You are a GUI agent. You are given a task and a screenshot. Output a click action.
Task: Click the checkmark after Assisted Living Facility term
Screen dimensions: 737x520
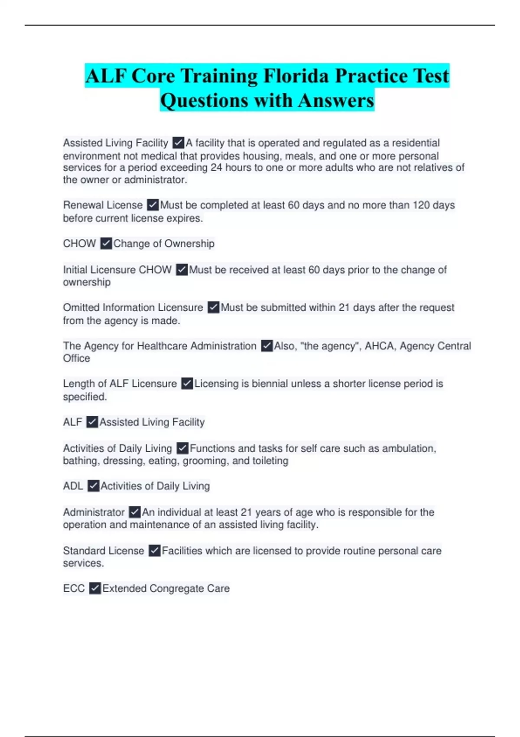coord(178,143)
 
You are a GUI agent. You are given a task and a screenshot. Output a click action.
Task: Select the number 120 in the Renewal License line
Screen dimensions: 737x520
coord(421,205)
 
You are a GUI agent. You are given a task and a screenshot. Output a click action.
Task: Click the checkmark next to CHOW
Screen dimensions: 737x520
coord(106,244)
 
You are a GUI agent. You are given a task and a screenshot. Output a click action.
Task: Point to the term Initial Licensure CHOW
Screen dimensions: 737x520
coord(117,270)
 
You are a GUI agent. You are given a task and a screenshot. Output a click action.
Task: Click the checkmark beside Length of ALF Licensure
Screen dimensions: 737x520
coord(187,384)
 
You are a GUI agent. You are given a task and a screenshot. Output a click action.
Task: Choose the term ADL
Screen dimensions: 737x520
coord(73,486)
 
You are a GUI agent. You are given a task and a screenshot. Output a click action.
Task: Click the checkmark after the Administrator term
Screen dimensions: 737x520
coord(135,512)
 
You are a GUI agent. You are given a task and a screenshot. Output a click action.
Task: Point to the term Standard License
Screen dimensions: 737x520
coord(104,551)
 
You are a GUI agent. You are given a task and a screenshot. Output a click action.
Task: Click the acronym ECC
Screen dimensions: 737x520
coord(74,588)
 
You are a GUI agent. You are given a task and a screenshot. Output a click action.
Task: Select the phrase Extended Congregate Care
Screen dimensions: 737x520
coord(166,588)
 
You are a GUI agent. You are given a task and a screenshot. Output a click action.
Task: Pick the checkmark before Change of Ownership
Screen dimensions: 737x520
coord(106,244)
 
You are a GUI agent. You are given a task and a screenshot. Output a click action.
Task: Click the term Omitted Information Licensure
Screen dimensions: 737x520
coord(133,307)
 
